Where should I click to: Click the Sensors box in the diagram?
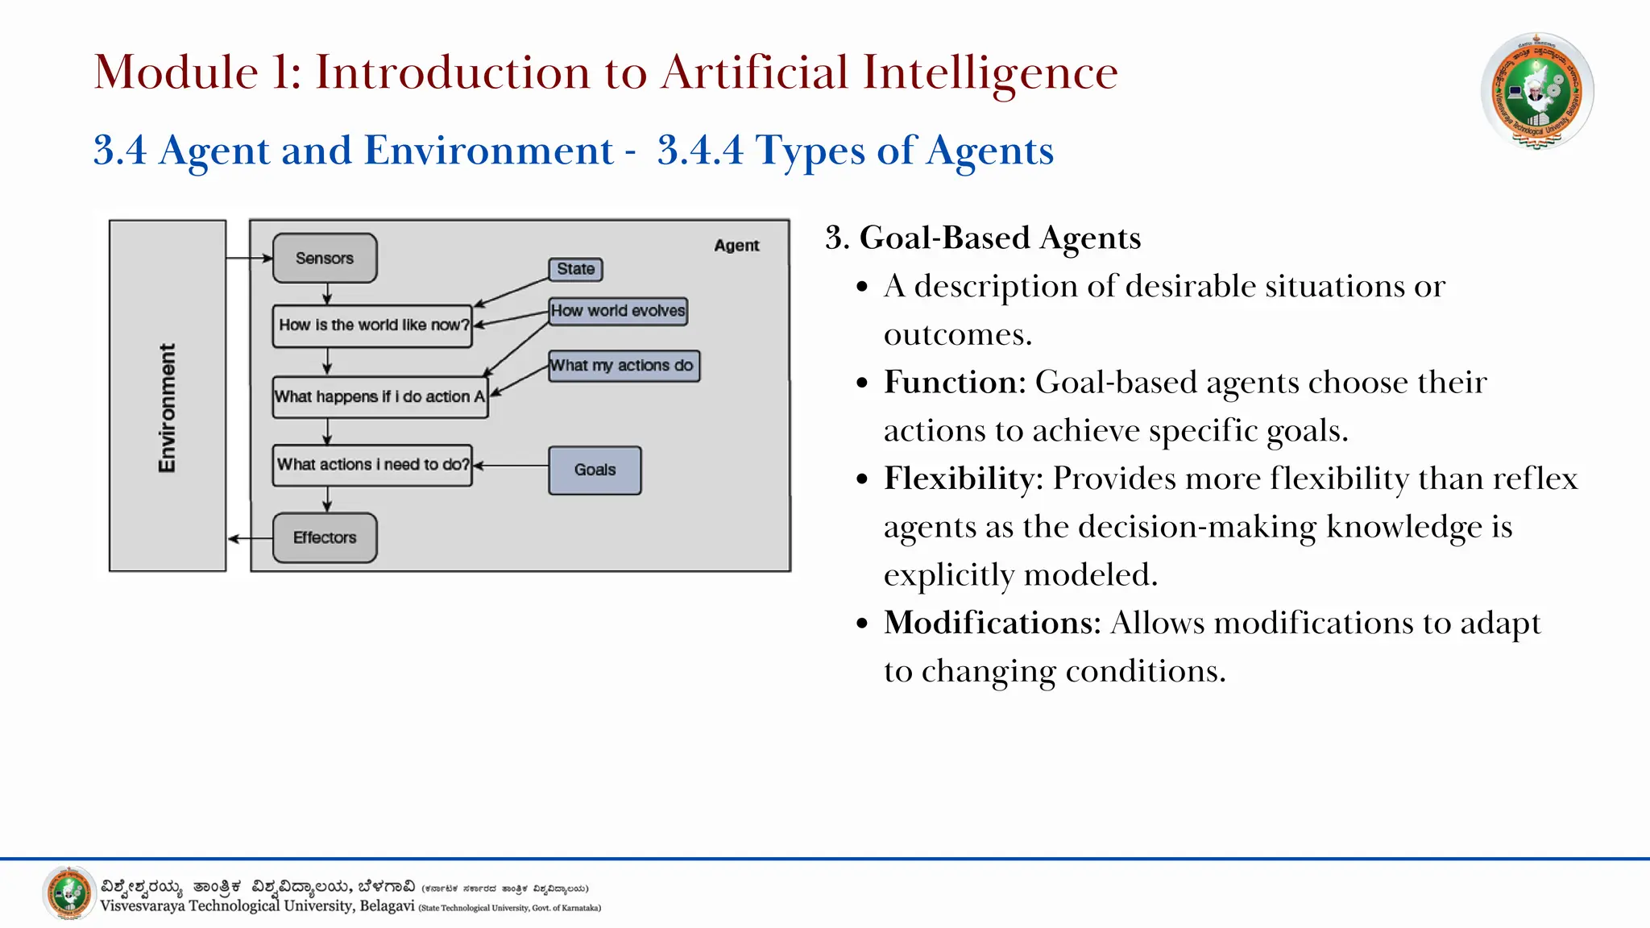[325, 259]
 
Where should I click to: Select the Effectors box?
[325, 538]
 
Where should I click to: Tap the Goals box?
[595, 470]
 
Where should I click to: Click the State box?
[575, 269]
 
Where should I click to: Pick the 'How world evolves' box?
[618, 311]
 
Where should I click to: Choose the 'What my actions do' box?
[623, 366]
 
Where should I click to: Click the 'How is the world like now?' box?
[372, 325]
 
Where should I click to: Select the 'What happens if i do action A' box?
[379, 397]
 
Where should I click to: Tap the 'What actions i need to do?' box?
[372, 466]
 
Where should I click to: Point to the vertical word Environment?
[167, 408]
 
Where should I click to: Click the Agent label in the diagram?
[736, 246]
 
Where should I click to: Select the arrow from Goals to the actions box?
[511, 466]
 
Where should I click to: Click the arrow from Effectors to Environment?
[250, 538]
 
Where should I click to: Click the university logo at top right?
[1536, 90]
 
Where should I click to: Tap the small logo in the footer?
[69, 893]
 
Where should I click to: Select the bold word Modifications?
[992, 623]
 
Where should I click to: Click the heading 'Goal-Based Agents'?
[1000, 238]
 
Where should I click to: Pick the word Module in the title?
[176, 72]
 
